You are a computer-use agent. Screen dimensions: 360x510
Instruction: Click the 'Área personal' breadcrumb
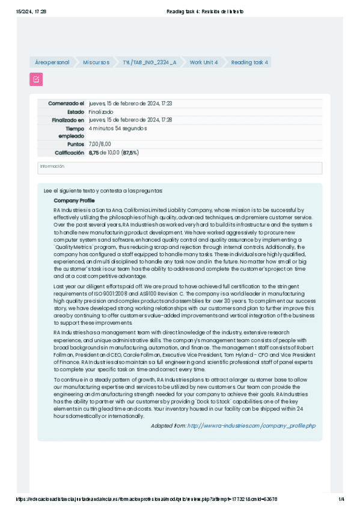(x=52, y=63)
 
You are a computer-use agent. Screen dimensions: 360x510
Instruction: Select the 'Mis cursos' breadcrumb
(x=96, y=63)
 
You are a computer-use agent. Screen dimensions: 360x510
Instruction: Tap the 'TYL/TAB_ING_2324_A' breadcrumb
(x=149, y=63)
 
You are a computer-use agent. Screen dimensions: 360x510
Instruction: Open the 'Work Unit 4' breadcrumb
(x=203, y=63)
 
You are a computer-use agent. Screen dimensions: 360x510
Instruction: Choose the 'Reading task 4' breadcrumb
(x=249, y=63)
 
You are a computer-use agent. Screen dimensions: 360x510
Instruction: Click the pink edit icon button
(x=36, y=79)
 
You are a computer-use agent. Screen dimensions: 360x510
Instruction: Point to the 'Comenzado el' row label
(x=66, y=103)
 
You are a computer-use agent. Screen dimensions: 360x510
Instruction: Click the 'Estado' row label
(x=75, y=112)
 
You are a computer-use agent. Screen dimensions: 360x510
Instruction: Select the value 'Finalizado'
(x=101, y=112)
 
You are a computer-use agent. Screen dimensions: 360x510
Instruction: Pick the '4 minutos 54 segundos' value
(x=118, y=128)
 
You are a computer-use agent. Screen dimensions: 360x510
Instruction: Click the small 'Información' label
(x=52, y=166)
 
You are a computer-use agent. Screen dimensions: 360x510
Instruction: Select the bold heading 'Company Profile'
(x=74, y=200)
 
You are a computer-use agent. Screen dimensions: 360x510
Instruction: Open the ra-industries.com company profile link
(x=251, y=426)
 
